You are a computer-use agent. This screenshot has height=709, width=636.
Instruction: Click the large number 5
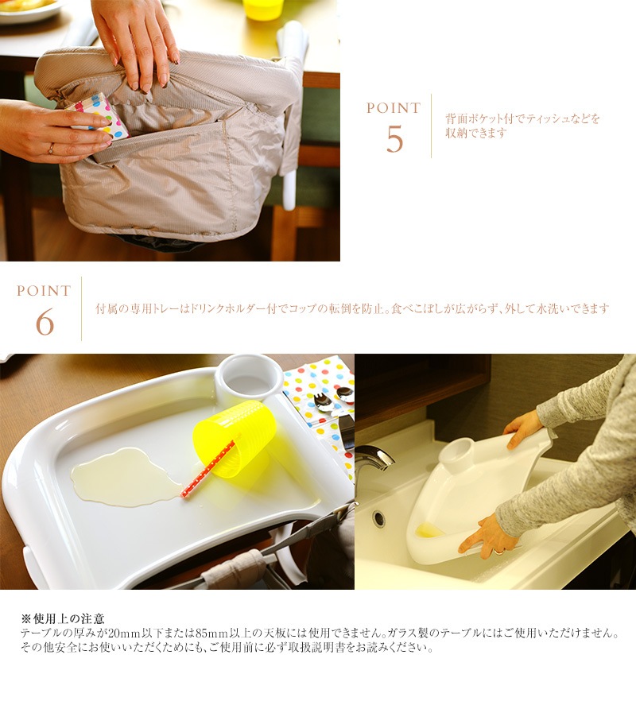[394, 139]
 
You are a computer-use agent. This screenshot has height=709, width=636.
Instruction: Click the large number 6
[45, 322]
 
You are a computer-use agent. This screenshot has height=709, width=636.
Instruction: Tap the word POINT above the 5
[394, 108]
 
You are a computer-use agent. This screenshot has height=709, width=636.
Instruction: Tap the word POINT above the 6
[44, 291]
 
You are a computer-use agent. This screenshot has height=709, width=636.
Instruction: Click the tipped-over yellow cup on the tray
[235, 439]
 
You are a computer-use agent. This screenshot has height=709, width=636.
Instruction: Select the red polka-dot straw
[208, 468]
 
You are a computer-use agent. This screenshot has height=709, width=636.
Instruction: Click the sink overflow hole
[378, 519]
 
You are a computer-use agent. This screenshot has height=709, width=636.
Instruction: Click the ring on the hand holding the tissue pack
[51, 149]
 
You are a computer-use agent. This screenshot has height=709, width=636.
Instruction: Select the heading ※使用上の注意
[63, 618]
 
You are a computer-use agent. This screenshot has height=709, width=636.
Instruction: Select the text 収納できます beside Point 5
[476, 134]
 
